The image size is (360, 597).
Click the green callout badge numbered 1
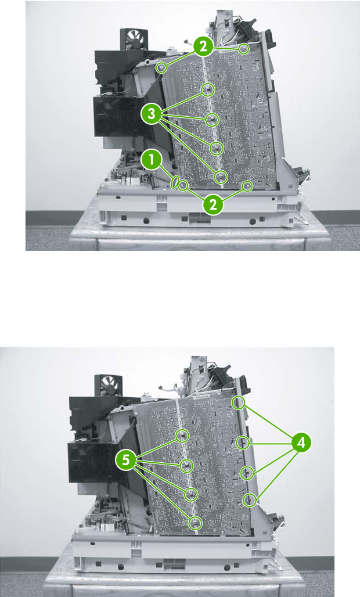click(152, 160)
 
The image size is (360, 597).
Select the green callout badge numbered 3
click(152, 114)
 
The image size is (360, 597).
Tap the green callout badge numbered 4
click(301, 443)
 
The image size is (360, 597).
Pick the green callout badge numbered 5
click(126, 460)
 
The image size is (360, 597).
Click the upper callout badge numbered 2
click(204, 47)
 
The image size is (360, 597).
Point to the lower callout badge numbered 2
click(213, 205)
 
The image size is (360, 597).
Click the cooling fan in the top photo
click(131, 39)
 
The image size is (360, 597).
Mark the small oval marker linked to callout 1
click(175, 182)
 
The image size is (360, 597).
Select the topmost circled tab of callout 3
click(208, 90)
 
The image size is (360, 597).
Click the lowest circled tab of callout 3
click(221, 177)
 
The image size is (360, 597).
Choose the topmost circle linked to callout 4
click(239, 402)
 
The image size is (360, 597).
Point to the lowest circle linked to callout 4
click(250, 499)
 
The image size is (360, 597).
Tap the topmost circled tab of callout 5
click(182, 436)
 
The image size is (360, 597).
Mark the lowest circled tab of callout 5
click(195, 523)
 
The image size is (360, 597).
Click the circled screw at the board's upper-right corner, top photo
click(244, 49)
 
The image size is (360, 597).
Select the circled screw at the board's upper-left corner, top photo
click(161, 68)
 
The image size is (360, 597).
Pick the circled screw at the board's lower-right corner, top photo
click(248, 186)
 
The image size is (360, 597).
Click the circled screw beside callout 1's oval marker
click(183, 185)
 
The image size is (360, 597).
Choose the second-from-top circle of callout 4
click(243, 443)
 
